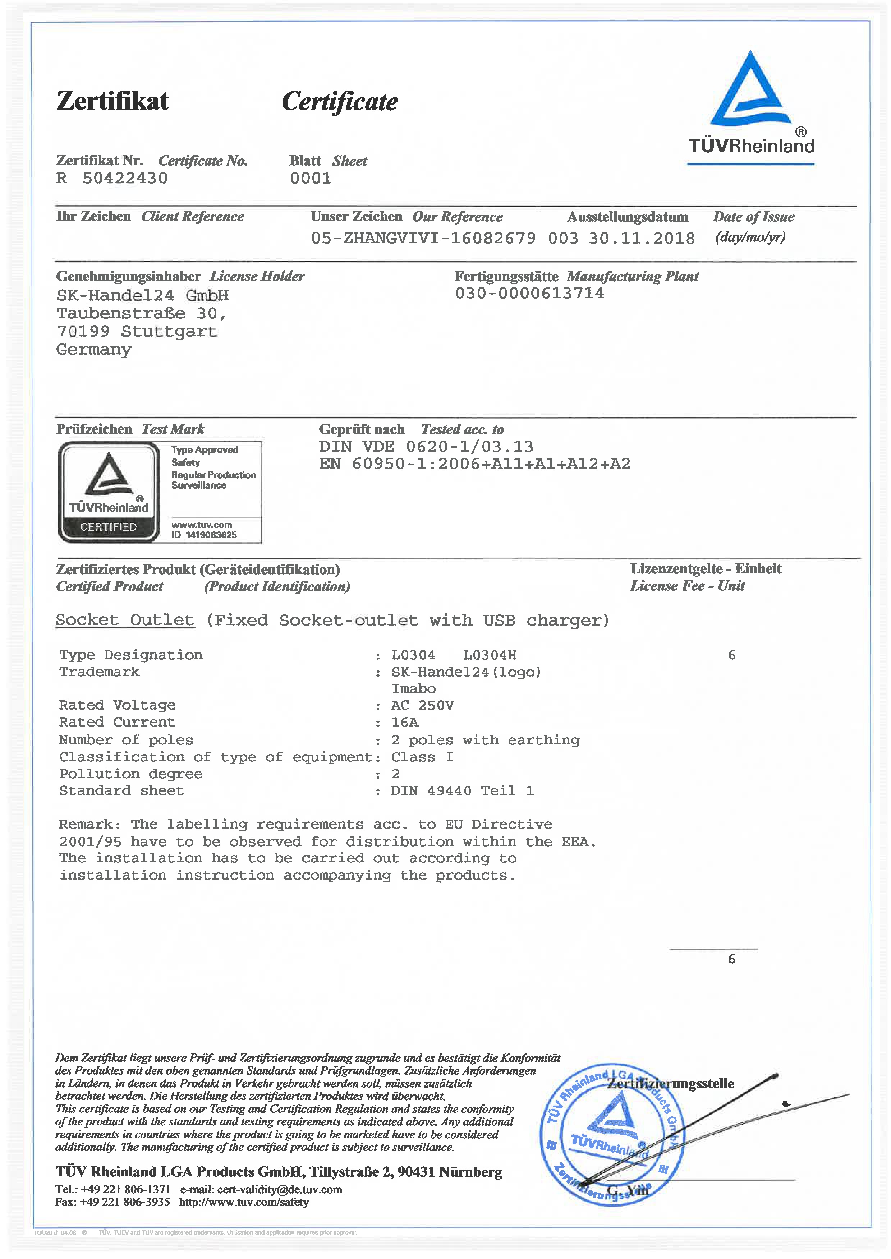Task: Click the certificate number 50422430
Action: (125, 178)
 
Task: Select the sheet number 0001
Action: (311, 178)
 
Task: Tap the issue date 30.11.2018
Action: (641, 238)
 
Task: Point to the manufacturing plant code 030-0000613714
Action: (529, 293)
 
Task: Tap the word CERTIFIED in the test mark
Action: (109, 527)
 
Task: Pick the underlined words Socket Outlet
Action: (125, 620)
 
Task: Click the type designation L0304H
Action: (490, 655)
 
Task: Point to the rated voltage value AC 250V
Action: (422, 705)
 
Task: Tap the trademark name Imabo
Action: (414, 689)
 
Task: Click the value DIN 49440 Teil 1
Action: (462, 791)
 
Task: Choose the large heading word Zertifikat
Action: (112, 101)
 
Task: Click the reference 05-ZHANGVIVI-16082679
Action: (423, 238)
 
